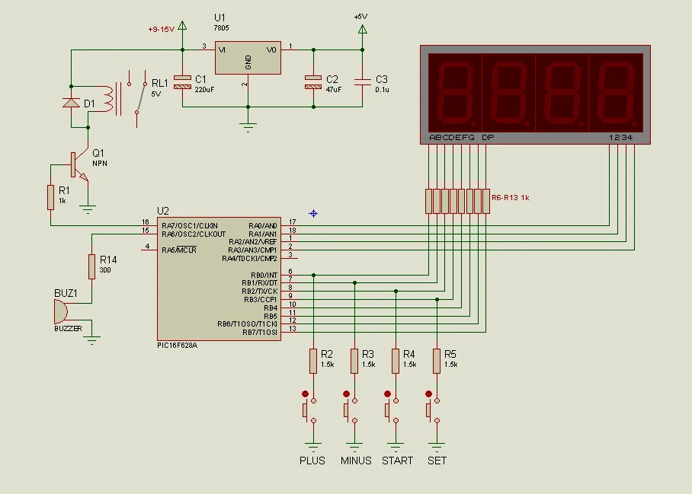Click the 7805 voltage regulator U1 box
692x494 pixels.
tap(248, 58)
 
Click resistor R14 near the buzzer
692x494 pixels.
tap(92, 266)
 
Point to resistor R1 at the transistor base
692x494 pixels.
tap(51, 196)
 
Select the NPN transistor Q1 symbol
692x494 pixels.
tap(77, 165)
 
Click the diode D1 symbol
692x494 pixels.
tap(71, 103)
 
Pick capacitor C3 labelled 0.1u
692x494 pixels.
tap(362, 80)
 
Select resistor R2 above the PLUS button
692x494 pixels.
tap(313, 361)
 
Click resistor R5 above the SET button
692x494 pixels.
tap(437, 361)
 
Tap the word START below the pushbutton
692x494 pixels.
tap(397, 461)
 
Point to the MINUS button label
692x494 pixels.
tap(356, 461)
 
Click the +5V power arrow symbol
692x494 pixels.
tap(362, 30)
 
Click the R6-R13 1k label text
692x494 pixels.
tap(511, 197)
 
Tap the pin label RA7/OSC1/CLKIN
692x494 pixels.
tap(190, 226)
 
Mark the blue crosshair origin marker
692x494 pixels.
tap(313, 213)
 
